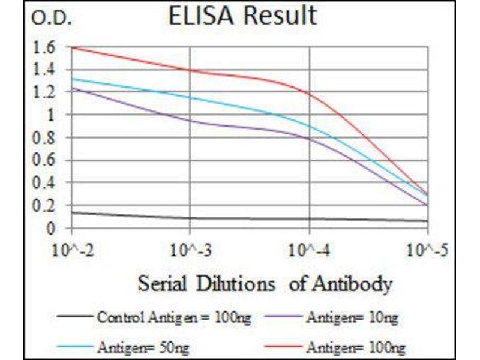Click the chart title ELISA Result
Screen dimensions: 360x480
coord(242,16)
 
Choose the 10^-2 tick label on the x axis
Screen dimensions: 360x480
coord(73,248)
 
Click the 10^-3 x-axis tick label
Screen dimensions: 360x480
coord(190,248)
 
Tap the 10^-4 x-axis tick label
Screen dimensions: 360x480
coord(310,248)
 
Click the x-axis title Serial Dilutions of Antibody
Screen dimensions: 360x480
coord(265,283)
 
